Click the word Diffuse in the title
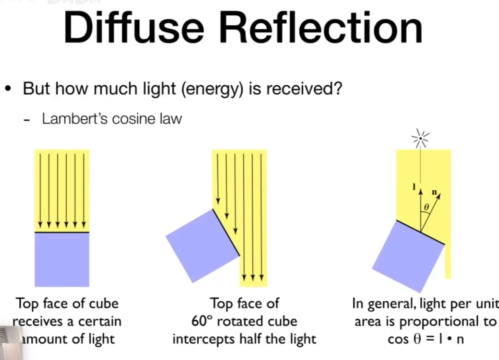coord(133,27)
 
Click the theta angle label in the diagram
coord(426,207)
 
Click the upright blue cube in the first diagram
coord(62,259)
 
